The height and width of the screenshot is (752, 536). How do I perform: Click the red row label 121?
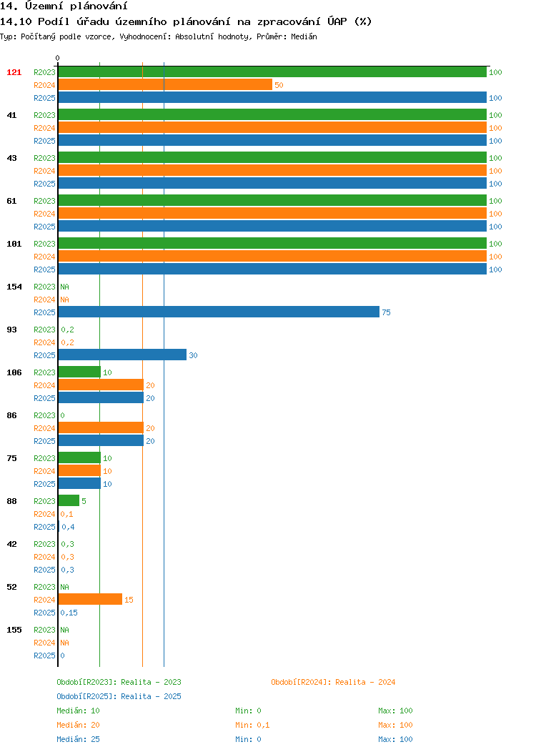coord(14,72)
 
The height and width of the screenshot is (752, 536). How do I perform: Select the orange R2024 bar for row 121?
coord(165,85)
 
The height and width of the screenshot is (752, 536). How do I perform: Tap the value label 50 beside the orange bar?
coord(279,85)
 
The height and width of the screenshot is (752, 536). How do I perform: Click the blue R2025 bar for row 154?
coord(219,312)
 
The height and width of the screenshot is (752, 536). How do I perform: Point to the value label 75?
coord(387,312)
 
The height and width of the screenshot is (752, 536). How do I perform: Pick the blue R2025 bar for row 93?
coord(122,355)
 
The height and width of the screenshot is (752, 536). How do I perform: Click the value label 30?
coord(193,355)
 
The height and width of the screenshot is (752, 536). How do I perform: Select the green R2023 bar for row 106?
coord(79,372)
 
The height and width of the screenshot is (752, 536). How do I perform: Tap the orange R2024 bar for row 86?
coord(101,427)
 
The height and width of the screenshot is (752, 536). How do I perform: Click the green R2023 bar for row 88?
coord(69,500)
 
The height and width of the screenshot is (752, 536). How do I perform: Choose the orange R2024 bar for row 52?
coord(90,600)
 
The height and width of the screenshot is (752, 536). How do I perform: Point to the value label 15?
coord(129,600)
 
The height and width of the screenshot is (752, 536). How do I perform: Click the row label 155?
coord(14,630)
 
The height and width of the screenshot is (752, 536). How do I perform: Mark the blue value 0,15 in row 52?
coord(69,613)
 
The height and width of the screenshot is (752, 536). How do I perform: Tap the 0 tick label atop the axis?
coord(58,58)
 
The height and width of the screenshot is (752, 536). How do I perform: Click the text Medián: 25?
coord(78,739)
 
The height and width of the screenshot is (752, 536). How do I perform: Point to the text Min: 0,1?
coord(252,725)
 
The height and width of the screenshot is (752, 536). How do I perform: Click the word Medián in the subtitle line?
coord(304,36)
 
